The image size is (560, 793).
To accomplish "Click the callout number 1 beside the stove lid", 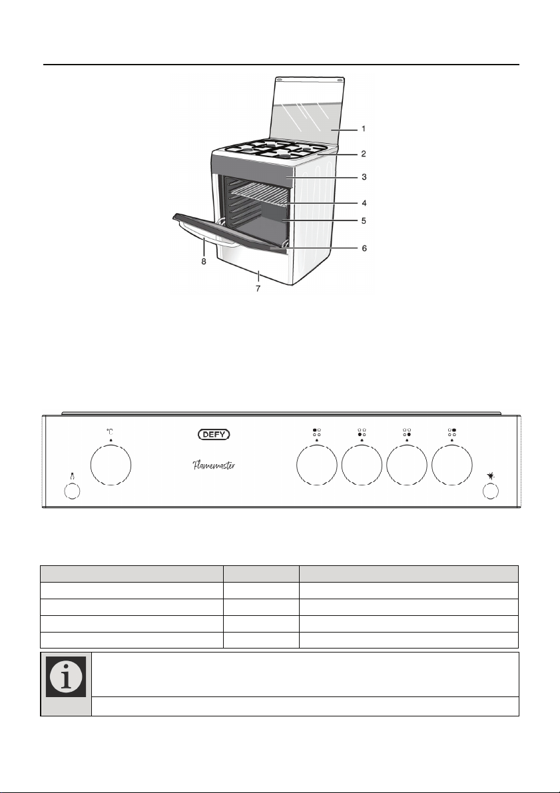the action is [363, 129].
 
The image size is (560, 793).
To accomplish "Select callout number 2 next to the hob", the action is [363, 154].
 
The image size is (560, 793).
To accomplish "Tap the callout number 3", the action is [364, 177].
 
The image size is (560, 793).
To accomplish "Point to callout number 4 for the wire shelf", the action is [364, 203].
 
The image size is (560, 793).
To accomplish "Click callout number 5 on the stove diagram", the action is [364, 220].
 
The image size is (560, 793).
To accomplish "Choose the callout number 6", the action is [364, 248].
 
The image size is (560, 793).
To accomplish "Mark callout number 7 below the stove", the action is [258, 288].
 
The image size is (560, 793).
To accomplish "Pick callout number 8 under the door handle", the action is [204, 262].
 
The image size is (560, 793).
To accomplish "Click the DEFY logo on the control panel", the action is [214, 434].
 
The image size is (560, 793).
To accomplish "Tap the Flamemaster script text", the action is [214, 465].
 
